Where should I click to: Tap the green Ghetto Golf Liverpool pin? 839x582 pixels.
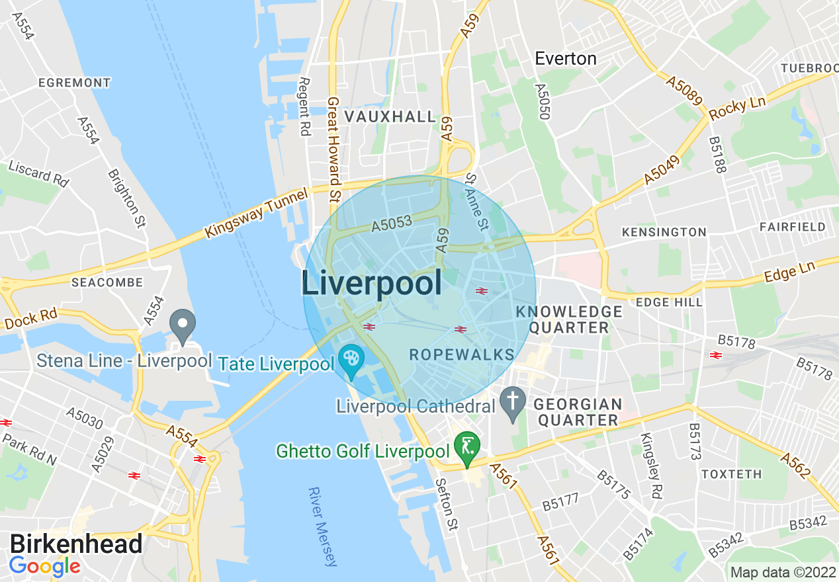pyautogui.click(x=468, y=448)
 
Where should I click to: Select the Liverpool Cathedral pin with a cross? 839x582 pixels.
pyautogui.click(x=512, y=402)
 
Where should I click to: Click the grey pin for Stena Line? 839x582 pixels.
pyautogui.click(x=183, y=324)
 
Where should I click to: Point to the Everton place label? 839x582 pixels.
pyautogui.click(x=566, y=59)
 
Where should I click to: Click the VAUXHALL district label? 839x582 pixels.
pyautogui.click(x=390, y=117)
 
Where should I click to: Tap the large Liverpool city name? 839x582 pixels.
pyautogui.click(x=372, y=284)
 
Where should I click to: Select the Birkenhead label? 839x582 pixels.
pyautogui.click(x=76, y=544)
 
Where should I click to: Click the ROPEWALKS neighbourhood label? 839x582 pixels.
pyautogui.click(x=462, y=354)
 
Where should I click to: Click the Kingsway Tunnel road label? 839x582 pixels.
pyautogui.click(x=257, y=213)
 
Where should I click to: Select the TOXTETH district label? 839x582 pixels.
pyautogui.click(x=731, y=474)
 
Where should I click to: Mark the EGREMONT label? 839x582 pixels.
pyautogui.click(x=74, y=83)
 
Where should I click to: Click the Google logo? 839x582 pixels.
pyautogui.click(x=44, y=566)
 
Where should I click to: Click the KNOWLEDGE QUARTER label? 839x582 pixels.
pyautogui.click(x=569, y=319)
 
